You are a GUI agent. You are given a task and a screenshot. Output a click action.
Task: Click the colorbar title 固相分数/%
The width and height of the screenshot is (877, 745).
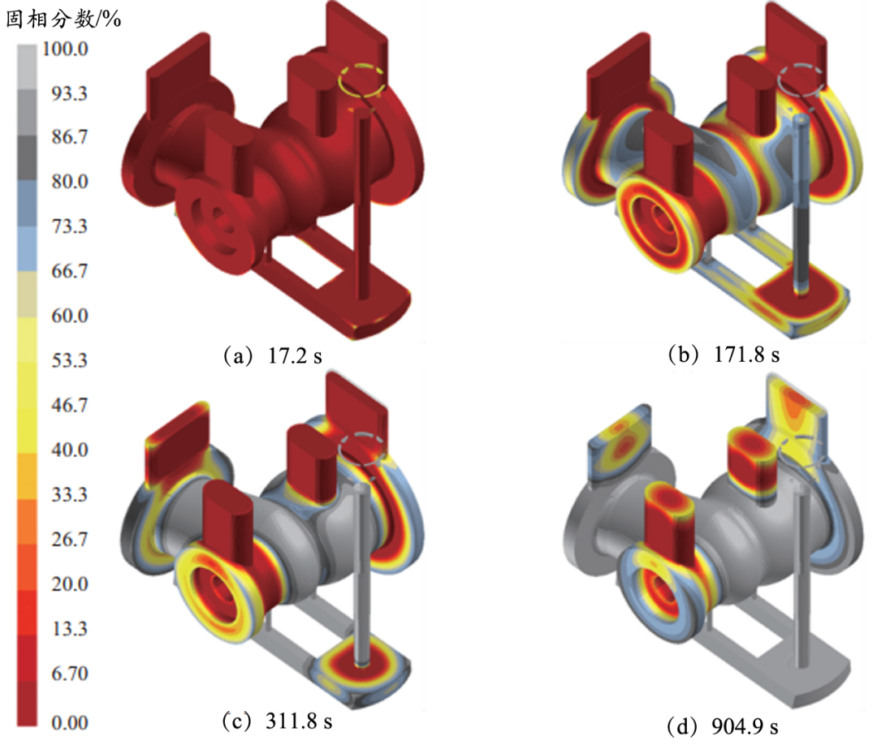click(x=63, y=19)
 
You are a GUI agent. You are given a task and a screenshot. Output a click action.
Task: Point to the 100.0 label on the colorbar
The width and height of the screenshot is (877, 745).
click(x=66, y=50)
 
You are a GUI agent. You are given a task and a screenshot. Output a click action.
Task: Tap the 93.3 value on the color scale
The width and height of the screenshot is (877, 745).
click(x=69, y=93)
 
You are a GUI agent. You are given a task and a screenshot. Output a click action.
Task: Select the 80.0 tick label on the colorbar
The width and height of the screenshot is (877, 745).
click(x=69, y=182)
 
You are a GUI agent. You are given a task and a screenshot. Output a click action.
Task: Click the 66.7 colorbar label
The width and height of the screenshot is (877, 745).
click(x=69, y=271)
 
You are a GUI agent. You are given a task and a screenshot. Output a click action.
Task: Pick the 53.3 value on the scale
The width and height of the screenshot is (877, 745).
click(x=69, y=360)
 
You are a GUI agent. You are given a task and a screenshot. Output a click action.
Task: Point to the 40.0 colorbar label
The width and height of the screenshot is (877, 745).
click(x=69, y=450)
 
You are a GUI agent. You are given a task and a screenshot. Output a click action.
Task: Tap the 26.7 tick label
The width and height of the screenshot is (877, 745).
click(x=69, y=540)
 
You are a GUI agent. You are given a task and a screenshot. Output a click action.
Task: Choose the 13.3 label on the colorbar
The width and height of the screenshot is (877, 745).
click(x=69, y=629)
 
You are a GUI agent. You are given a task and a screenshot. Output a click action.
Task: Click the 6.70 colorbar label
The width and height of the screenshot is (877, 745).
click(x=69, y=674)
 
